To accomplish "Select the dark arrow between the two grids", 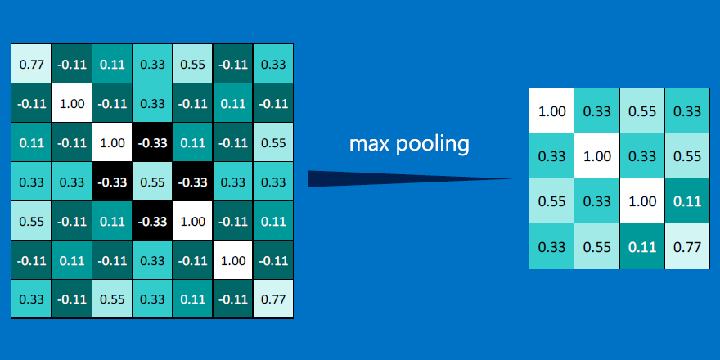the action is click(x=410, y=178).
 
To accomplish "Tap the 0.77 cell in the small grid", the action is click(x=687, y=246).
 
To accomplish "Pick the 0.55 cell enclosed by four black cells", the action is click(x=152, y=182).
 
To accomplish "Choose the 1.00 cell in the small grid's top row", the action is click(x=551, y=110).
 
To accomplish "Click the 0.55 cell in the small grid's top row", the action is click(x=641, y=110).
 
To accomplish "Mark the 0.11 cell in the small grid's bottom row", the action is click(x=641, y=246).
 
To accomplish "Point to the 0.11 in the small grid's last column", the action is click(x=687, y=201).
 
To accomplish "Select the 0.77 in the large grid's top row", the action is click(x=31, y=63).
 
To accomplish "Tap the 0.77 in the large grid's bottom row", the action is click(x=272, y=299).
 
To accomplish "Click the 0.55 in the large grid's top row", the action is click(x=192, y=63).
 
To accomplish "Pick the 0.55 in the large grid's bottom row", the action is click(x=112, y=299).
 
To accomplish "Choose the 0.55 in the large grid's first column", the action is click(x=31, y=222).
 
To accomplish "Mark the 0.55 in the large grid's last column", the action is click(x=272, y=142).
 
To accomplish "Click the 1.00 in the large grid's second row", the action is click(x=72, y=103).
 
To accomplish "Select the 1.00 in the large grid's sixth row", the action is click(x=233, y=260).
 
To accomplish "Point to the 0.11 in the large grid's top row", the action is click(x=112, y=63).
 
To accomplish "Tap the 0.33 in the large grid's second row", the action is click(x=152, y=103).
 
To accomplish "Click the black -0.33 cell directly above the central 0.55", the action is click(x=152, y=142).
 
